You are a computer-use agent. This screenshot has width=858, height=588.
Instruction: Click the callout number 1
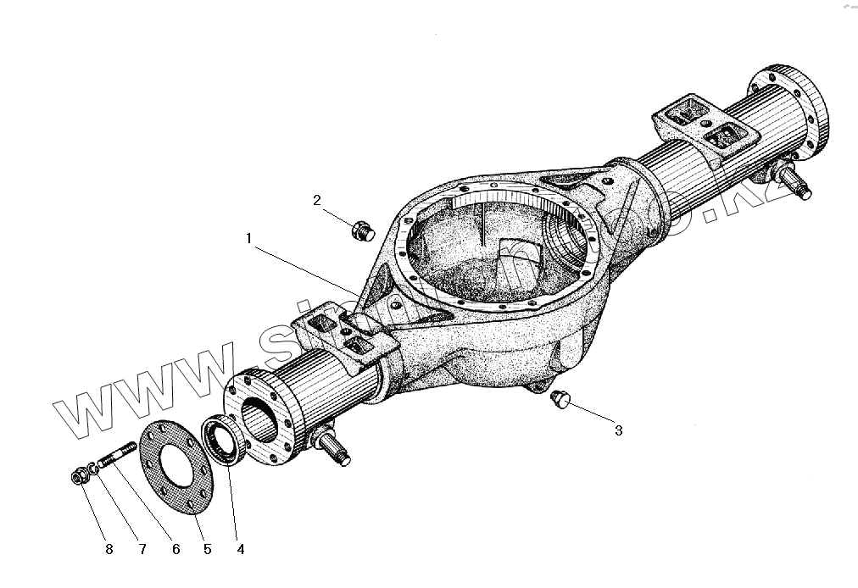[249, 239]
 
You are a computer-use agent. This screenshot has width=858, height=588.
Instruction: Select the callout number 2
[317, 200]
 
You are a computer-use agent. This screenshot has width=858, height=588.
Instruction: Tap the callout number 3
[618, 430]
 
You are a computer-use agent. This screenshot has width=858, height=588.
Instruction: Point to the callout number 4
[240, 549]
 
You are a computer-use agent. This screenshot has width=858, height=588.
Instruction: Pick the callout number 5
[207, 549]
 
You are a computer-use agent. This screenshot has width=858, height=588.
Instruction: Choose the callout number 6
[175, 549]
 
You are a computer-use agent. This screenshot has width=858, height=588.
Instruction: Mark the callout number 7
[142, 549]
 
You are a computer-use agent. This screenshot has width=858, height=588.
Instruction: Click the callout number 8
[109, 549]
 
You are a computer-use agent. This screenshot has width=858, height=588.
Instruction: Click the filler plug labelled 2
[360, 229]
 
